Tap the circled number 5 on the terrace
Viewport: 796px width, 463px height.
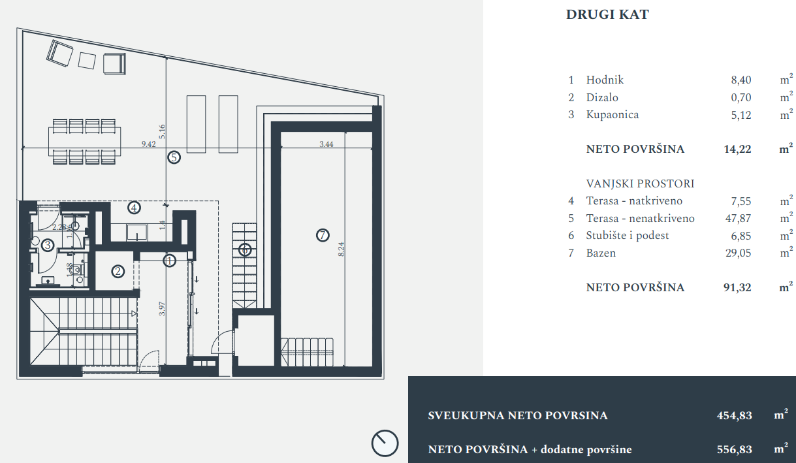tap(173, 157)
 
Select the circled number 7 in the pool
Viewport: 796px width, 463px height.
tap(322, 235)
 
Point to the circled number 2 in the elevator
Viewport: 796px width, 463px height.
tap(118, 271)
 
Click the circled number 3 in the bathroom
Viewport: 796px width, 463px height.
tap(48, 246)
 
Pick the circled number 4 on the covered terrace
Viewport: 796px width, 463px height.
tap(134, 208)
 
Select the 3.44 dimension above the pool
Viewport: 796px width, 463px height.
tap(326, 145)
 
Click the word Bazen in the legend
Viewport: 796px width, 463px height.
tap(601, 253)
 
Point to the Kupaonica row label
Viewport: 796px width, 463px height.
tap(613, 115)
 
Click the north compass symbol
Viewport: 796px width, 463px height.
tap(385, 443)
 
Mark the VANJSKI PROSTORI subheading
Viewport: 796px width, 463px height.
tap(640, 184)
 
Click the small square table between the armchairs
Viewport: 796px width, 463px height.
tap(87, 60)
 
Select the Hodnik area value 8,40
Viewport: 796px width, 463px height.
tap(741, 80)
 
